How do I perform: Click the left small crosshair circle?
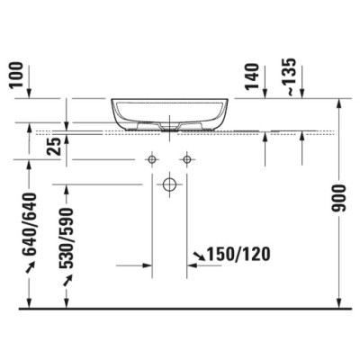pyautogui.click(x=152, y=159)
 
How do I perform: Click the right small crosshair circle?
pyautogui.click(x=186, y=159)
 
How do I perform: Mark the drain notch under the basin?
pyautogui.click(x=169, y=126)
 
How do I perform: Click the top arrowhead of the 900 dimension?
pyautogui.click(x=338, y=103)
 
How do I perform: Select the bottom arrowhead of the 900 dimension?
pyautogui.click(x=338, y=303)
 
